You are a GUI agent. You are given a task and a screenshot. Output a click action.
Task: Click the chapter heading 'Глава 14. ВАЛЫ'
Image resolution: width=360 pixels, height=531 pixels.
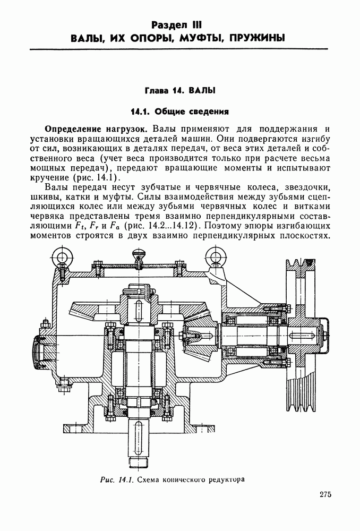179,91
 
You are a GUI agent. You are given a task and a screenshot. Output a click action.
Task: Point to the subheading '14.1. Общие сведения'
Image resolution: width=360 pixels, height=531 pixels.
179,112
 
